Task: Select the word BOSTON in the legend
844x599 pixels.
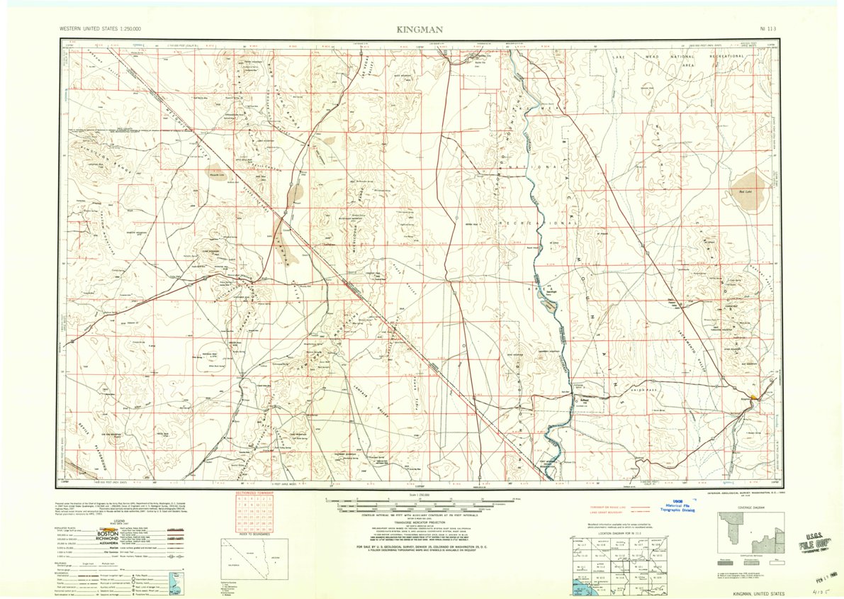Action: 108,532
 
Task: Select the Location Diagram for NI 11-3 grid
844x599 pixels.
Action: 620,564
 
